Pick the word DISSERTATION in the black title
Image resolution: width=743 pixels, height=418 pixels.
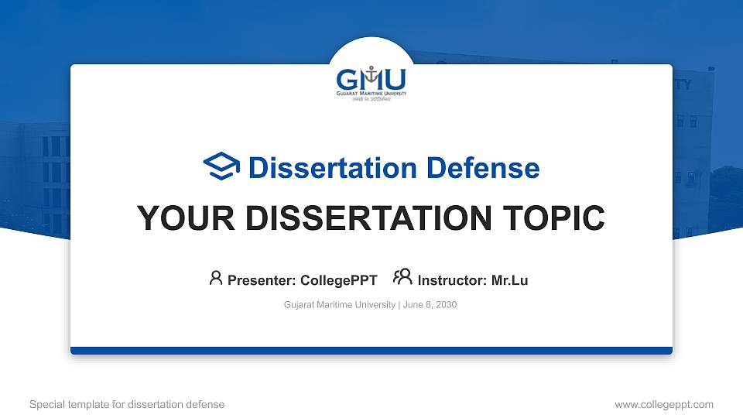pyautogui.click(x=363, y=218)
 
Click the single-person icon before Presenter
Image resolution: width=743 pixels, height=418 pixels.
pyautogui.click(x=216, y=278)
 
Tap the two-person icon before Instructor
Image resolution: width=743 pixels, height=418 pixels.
pyautogui.click(x=402, y=278)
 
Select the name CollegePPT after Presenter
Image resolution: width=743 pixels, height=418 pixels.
pyautogui.click(x=338, y=280)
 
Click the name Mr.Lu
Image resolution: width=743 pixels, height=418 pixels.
pyautogui.click(x=509, y=280)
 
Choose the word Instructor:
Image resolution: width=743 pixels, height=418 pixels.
pyautogui.click(x=452, y=280)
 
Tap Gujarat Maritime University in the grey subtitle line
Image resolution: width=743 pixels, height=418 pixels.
pyautogui.click(x=340, y=305)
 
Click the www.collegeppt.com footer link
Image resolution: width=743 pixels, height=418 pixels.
pyautogui.click(x=663, y=404)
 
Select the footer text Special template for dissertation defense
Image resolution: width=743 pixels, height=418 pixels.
pyautogui.click(x=126, y=404)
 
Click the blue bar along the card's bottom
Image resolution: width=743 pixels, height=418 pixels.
pyautogui.click(x=371, y=351)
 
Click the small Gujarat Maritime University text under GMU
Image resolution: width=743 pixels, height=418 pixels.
pyautogui.click(x=371, y=94)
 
